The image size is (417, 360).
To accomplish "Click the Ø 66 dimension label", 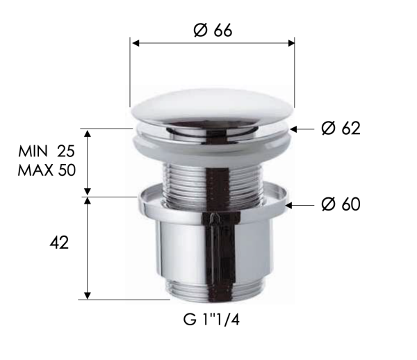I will pyautogui.click(x=212, y=31).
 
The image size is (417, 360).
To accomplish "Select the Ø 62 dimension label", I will pyautogui.click(x=341, y=129).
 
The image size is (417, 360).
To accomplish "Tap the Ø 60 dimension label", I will pyautogui.click(x=341, y=204).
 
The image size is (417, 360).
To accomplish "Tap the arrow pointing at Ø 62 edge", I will pyautogui.click(x=295, y=129).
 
